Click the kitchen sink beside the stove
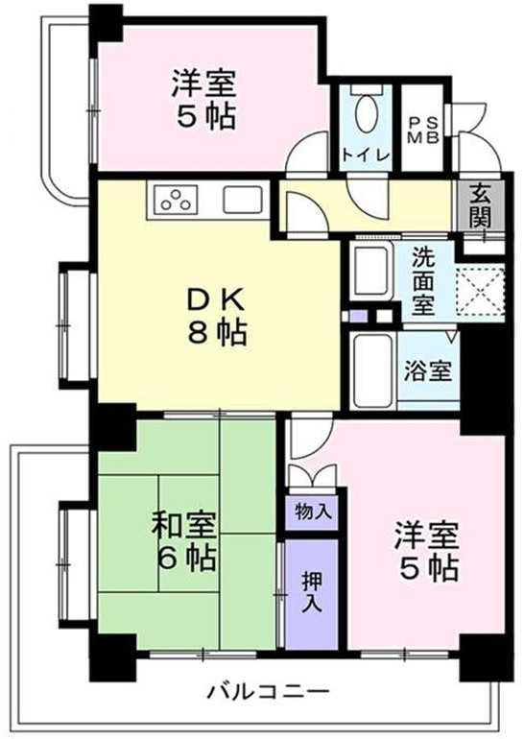(x=242, y=200)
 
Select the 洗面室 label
(x=423, y=281)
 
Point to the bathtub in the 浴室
(x=370, y=369)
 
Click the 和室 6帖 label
(x=183, y=540)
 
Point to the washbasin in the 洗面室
(x=370, y=271)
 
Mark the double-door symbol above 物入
(x=313, y=477)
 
